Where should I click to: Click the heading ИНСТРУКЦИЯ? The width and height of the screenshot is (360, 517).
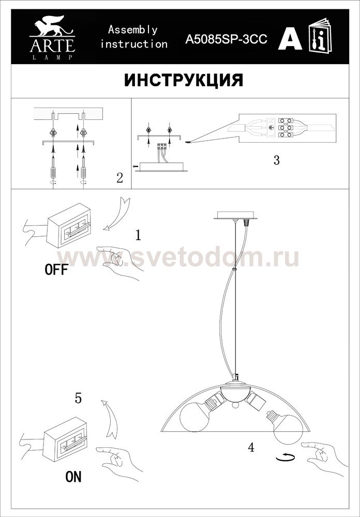tap(184, 81)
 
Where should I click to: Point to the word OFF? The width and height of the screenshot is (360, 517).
tap(56, 270)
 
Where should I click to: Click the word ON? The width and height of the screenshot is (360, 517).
tap(73, 476)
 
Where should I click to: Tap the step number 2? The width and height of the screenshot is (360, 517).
tap(119, 178)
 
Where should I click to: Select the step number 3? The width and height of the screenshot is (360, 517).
tap(277, 160)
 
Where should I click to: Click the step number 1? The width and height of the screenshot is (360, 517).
tap(138, 235)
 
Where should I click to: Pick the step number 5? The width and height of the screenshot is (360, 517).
tap(78, 398)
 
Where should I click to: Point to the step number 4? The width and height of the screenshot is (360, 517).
tap(251, 447)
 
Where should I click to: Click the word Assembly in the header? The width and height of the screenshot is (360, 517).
tap(132, 30)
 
